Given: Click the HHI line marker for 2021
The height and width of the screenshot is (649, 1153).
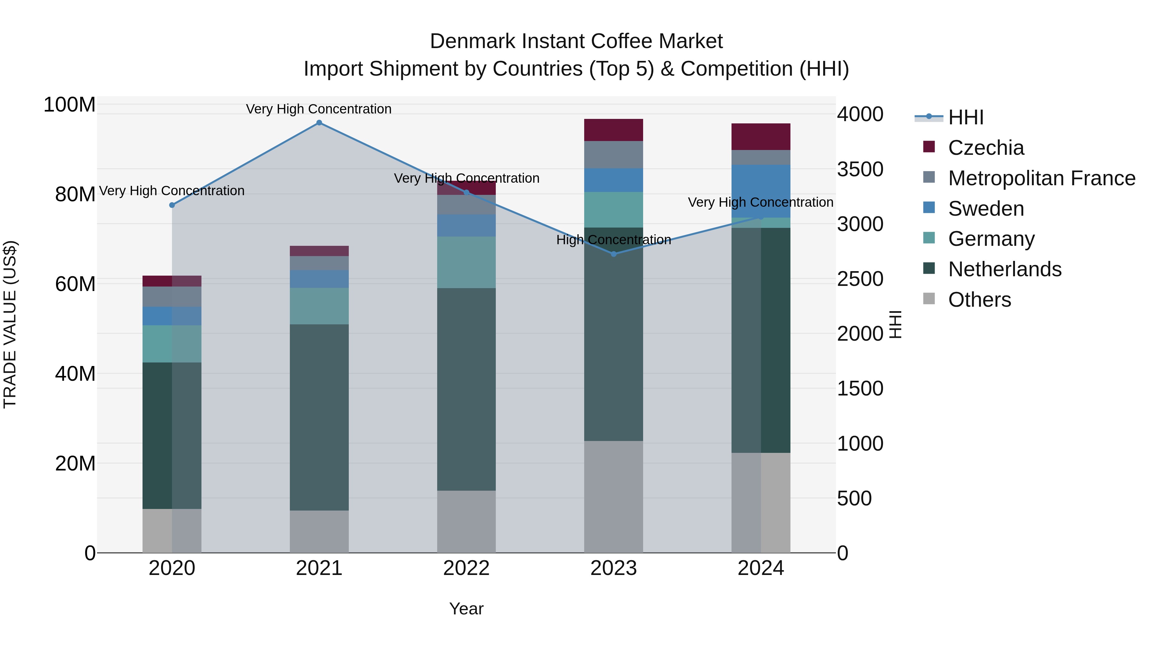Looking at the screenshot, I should coord(319,123).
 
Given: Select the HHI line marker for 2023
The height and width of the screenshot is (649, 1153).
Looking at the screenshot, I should coord(614,254).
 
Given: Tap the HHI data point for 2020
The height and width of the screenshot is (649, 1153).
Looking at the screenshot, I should coord(172,205).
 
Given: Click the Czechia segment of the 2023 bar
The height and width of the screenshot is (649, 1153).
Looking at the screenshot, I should coord(614,130).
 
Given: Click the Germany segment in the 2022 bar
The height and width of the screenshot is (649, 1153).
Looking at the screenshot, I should coord(466,262).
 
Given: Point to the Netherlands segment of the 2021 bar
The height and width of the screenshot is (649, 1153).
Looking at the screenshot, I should coord(319,417).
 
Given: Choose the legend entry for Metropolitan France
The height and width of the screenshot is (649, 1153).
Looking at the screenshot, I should coord(1042,178).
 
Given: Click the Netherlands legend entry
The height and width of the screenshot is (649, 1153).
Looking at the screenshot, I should coord(1004,269).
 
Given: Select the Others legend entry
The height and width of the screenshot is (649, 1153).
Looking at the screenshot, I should coord(979,300).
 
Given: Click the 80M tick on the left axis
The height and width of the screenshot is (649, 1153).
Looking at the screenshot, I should coord(75,195).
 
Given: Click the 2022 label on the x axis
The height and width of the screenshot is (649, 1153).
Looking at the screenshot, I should coord(466,568).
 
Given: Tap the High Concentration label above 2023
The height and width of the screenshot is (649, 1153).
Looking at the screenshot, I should coord(614,240).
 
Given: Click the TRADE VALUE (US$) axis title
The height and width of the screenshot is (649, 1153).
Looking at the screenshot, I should coord(10,324).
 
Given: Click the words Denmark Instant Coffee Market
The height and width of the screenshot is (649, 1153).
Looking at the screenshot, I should coord(576,41).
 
